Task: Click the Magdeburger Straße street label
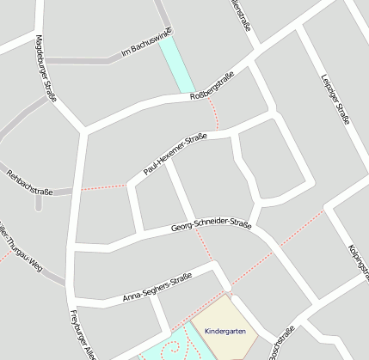[x=46, y=69]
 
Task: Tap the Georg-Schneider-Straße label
[x=211, y=226]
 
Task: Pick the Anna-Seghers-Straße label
[x=157, y=288]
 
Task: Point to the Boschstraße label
[x=282, y=343]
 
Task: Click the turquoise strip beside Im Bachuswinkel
[x=177, y=65]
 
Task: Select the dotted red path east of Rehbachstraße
[x=103, y=187]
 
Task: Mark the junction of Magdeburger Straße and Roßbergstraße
[x=83, y=131]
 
